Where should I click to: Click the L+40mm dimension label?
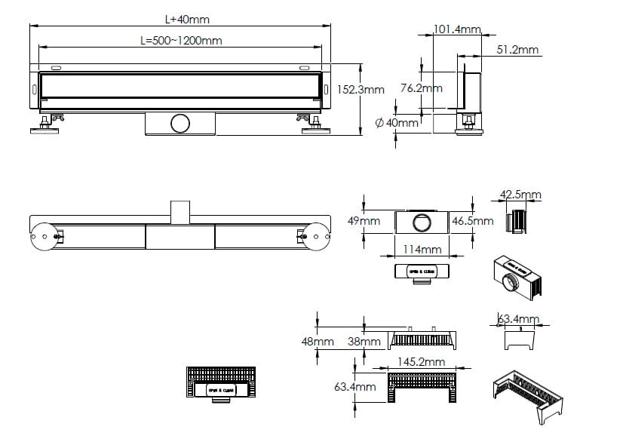[182, 19]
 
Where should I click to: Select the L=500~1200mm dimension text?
[181, 40]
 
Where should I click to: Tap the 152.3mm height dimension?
[361, 90]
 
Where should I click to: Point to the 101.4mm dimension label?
[458, 30]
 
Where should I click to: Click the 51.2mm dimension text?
[518, 50]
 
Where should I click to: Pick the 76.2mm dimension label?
[421, 88]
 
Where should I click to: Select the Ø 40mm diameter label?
[397, 123]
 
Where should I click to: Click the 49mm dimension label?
[364, 221]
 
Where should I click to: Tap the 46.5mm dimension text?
[473, 222]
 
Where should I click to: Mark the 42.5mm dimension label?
[520, 195]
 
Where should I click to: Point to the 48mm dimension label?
[318, 342]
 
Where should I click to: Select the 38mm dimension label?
[364, 342]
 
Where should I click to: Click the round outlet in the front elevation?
[180, 123]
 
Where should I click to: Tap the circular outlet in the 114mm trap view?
[422, 223]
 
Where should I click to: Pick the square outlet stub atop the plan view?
[180, 211]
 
